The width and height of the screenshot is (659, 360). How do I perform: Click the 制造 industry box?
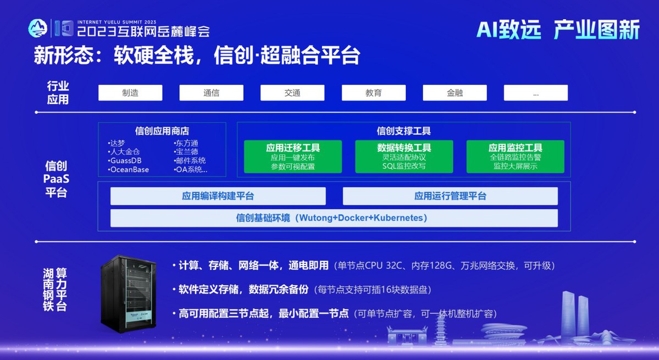[x=130, y=93]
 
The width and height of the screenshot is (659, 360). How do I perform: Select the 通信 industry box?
[x=212, y=93]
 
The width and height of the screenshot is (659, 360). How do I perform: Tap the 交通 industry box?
[x=292, y=93]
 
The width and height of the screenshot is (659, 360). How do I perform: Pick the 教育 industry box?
[x=374, y=93]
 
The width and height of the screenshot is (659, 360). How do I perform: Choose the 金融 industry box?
[x=455, y=93]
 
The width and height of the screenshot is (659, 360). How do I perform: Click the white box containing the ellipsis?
[x=536, y=93]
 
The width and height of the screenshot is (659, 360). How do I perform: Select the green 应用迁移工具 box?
[x=293, y=157]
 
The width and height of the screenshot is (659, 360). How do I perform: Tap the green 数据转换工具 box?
[x=405, y=157]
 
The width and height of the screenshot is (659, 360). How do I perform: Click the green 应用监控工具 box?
[x=515, y=157]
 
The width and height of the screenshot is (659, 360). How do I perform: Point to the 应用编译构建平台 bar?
[x=218, y=196]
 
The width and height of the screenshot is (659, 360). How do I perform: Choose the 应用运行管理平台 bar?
[x=450, y=196]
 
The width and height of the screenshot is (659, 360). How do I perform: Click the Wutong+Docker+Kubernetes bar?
[x=334, y=218]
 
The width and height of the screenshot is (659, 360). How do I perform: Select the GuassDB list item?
[x=125, y=161]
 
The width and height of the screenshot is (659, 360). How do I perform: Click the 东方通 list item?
[x=186, y=143]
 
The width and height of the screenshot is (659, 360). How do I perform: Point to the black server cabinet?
[x=129, y=294]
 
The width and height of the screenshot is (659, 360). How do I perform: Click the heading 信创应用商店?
[x=162, y=131]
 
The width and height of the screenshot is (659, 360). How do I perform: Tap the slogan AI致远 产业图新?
[x=558, y=30]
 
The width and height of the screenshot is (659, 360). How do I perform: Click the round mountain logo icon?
[x=38, y=28]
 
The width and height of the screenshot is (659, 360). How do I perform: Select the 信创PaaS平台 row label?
[x=56, y=179]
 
